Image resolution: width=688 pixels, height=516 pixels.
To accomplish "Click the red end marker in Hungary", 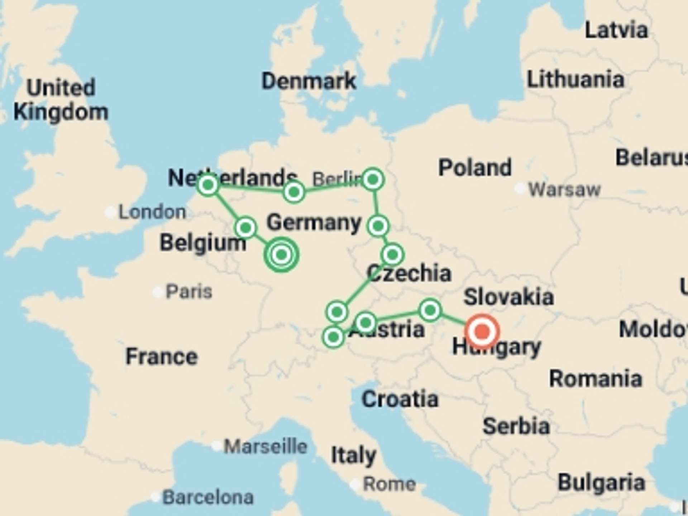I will (x=482, y=331).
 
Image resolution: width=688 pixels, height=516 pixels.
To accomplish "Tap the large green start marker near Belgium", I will (x=281, y=254).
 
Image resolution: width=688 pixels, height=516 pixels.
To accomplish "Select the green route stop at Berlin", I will (x=373, y=179).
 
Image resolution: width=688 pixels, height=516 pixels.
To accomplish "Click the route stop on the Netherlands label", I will (x=208, y=185).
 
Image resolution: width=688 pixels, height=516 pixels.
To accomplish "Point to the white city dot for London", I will (x=110, y=212).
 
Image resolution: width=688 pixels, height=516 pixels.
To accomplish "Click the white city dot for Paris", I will (x=158, y=292).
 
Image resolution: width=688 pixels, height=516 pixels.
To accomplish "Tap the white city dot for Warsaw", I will (x=520, y=188).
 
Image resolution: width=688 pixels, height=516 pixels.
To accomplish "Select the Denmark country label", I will (x=309, y=81).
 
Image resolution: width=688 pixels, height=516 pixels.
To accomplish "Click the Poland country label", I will (x=475, y=167).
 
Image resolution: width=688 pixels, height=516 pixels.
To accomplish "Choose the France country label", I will (x=162, y=357).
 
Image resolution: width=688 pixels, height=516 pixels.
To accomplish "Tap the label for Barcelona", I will (x=208, y=497).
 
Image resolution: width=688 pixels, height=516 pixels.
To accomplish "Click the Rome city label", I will (x=390, y=484).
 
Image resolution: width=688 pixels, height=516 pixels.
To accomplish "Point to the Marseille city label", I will (x=266, y=446).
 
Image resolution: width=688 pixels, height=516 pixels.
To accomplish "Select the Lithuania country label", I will (x=575, y=79).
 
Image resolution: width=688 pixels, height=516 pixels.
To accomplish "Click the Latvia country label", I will (x=616, y=30).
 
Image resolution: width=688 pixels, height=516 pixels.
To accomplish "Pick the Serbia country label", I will (x=516, y=426).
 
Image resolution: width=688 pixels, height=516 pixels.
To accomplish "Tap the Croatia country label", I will (x=400, y=399).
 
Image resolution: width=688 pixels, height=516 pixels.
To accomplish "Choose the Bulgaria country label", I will (x=601, y=482).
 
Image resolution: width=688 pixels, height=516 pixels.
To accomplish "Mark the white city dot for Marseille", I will (x=216, y=446).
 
